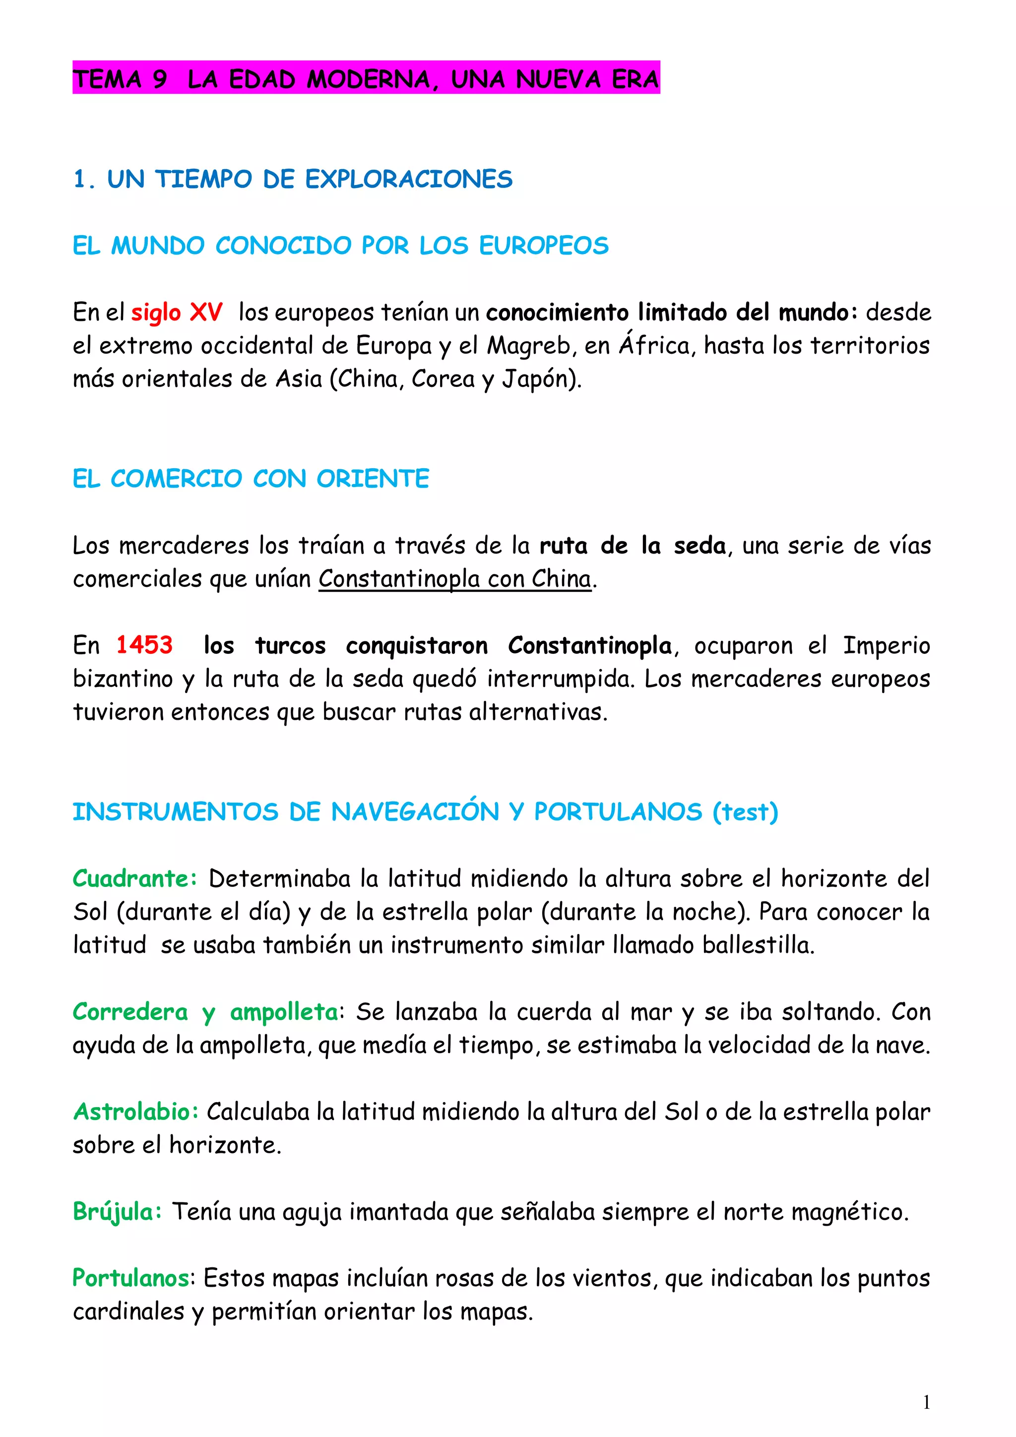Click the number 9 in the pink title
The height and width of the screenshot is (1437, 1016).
[160, 79]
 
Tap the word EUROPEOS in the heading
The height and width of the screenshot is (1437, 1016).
[543, 246]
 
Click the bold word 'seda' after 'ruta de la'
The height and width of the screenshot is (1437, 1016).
[699, 546]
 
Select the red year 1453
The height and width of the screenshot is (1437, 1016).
[144, 645]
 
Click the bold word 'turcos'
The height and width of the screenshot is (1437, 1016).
[291, 645]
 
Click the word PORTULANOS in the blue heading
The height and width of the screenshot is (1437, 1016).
[618, 812]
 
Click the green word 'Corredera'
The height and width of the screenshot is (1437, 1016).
[130, 1012]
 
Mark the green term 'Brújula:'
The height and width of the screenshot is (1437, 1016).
[117, 1212]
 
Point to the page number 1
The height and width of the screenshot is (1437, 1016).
[927, 1403]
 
